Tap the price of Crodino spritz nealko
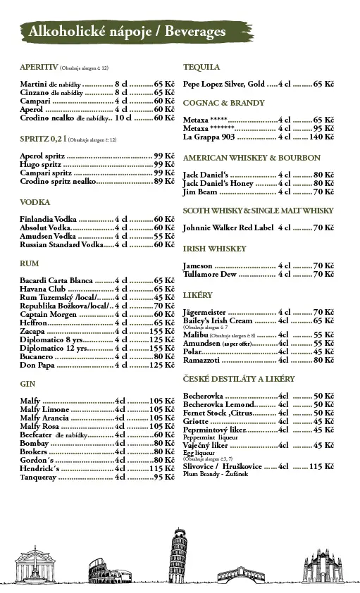point(164,182)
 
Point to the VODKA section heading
point(35,203)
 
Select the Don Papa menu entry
point(37,365)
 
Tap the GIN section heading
point(28,385)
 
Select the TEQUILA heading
point(201,68)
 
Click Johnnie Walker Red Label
point(228,228)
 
